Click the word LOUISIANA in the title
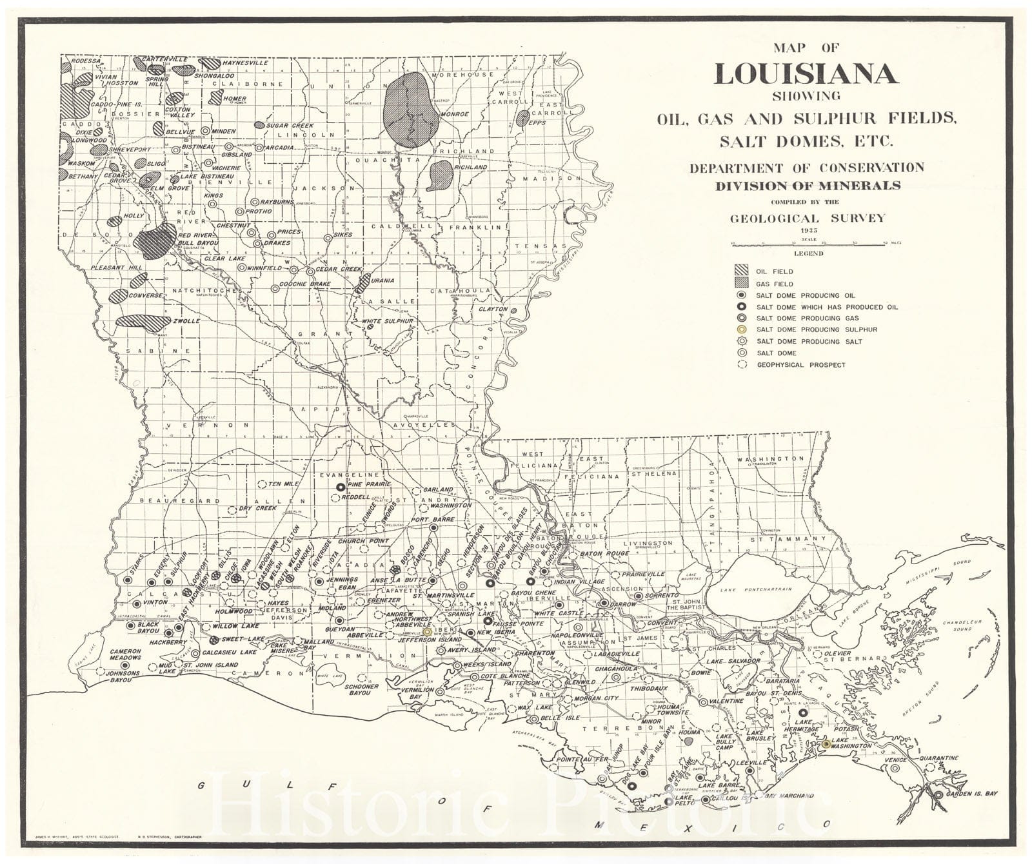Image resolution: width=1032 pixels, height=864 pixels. tap(806, 74)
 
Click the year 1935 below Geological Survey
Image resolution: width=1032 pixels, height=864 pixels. tap(808, 230)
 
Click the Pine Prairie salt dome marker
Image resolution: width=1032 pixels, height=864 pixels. tap(340, 487)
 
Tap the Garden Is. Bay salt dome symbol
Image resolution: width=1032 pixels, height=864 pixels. tap(938, 794)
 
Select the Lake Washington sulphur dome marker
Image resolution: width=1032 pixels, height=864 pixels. tap(826, 743)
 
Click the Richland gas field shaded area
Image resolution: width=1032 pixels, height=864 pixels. tap(439, 174)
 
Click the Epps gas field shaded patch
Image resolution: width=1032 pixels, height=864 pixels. tap(522, 118)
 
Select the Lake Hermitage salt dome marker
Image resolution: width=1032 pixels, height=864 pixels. tap(802, 713)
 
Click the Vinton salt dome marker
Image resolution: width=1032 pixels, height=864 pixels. tap(136, 604)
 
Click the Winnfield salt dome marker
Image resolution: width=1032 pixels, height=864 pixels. tap(241, 267)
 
